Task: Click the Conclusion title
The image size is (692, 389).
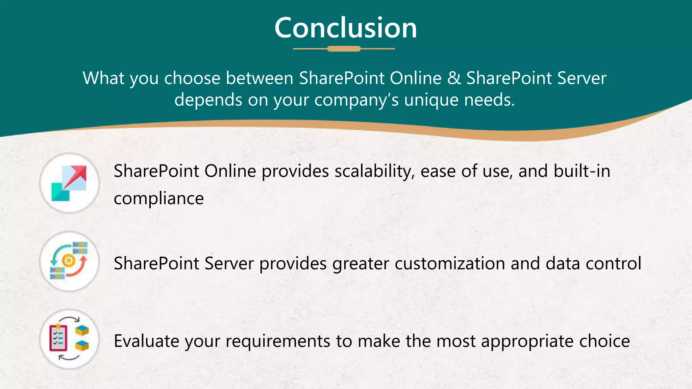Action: [x=346, y=28]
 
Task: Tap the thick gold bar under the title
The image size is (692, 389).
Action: [x=344, y=49]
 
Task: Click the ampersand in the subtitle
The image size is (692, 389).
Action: [x=454, y=78]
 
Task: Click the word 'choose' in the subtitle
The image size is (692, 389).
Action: [x=192, y=78]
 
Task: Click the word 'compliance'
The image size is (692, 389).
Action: [x=159, y=198]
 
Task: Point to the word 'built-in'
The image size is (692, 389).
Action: [x=582, y=171]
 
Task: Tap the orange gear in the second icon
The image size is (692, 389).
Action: [x=69, y=260]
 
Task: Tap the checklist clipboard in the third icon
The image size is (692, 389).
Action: [x=58, y=338]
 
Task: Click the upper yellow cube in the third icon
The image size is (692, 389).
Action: [x=82, y=330]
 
